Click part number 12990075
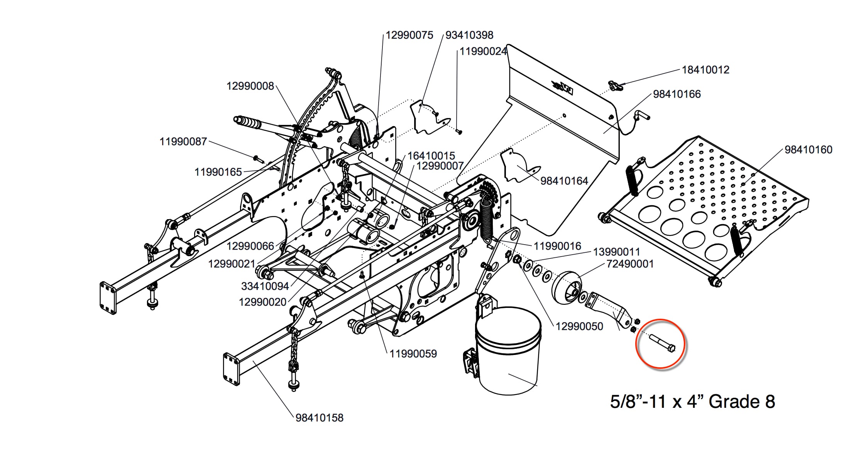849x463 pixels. (409, 35)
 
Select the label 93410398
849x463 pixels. (469, 35)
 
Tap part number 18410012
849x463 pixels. (705, 70)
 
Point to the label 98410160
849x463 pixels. (808, 150)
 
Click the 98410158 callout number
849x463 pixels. (320, 418)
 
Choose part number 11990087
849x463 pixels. (183, 142)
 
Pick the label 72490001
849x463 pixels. (630, 264)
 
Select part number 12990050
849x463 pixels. (579, 326)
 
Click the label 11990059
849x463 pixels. (413, 354)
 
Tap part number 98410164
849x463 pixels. (564, 181)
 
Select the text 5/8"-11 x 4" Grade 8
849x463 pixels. (692, 402)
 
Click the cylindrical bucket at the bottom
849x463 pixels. (508, 351)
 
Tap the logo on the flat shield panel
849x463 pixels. (563, 88)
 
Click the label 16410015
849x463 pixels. (431, 156)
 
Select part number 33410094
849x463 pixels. (265, 286)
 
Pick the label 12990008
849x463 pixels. (250, 86)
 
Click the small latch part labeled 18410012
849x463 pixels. (615, 85)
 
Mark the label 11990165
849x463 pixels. (218, 172)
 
